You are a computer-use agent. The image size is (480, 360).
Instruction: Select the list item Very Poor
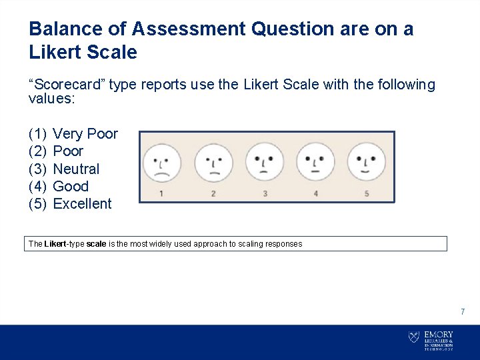pyautogui.click(x=85, y=134)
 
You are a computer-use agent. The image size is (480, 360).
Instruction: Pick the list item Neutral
pyautogui.click(x=76, y=169)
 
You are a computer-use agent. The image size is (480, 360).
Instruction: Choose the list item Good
pyautogui.click(x=71, y=186)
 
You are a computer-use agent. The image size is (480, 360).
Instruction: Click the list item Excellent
pyautogui.click(x=82, y=203)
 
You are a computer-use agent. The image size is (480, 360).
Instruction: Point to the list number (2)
pyautogui.click(x=37, y=151)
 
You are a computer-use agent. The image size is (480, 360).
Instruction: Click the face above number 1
pyautogui.click(x=161, y=163)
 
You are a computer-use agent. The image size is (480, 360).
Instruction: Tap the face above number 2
pyautogui.click(x=213, y=163)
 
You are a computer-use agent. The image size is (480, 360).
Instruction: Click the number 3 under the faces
pyautogui.click(x=265, y=194)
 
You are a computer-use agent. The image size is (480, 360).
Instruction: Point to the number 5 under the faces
pyautogui.click(x=367, y=194)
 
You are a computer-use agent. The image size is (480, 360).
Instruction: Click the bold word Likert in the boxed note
pyautogui.click(x=56, y=244)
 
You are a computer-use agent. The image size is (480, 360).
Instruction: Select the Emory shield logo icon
pyautogui.click(x=414, y=337)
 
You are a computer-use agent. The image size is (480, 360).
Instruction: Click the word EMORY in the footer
pyautogui.click(x=439, y=334)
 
